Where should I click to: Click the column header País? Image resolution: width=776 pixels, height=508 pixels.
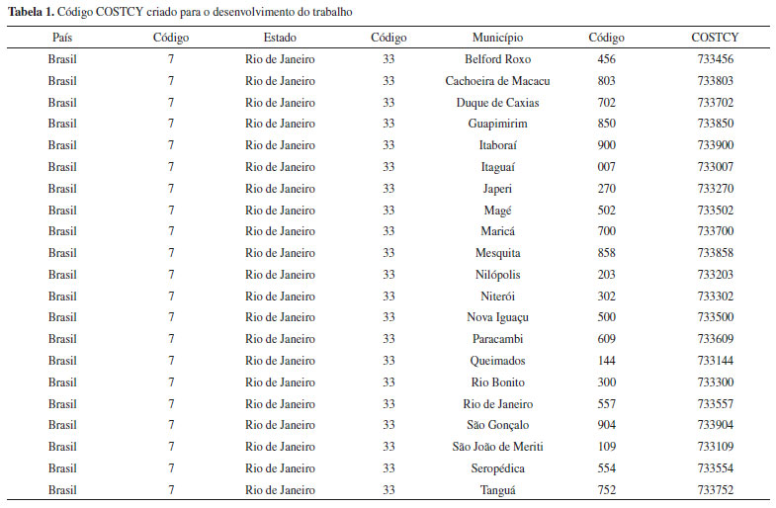[x=61, y=38]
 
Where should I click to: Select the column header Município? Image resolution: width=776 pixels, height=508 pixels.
[x=497, y=38]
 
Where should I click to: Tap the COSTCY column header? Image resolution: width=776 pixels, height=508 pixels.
[x=715, y=38]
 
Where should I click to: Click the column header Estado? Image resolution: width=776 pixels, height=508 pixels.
[x=280, y=38]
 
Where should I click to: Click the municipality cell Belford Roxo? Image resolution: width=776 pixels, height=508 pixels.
[x=497, y=59]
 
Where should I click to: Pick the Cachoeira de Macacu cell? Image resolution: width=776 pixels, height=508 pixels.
[x=497, y=81]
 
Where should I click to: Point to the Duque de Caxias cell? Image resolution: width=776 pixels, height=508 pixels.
[x=497, y=103]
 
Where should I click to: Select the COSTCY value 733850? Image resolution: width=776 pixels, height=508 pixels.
[x=715, y=124]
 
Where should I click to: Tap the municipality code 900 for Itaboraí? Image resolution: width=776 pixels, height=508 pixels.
[x=606, y=145]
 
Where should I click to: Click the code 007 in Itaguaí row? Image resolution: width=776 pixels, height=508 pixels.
[x=606, y=167]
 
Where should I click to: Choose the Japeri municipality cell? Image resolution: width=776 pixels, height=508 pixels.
[x=497, y=189]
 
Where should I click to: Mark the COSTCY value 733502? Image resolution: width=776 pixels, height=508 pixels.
[x=715, y=211]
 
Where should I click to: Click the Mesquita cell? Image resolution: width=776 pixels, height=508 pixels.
[x=497, y=253]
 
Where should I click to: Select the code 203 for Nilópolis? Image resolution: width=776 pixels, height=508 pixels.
[x=606, y=275]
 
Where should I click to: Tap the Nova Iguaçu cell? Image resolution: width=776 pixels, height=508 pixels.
[x=497, y=317]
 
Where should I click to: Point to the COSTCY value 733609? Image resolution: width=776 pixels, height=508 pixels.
[x=715, y=339]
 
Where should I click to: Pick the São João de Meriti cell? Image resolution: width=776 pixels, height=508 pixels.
[x=497, y=447]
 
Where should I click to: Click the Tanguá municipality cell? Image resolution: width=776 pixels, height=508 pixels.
[x=497, y=489]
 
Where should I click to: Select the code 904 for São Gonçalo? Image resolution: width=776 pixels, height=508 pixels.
[x=606, y=425]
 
